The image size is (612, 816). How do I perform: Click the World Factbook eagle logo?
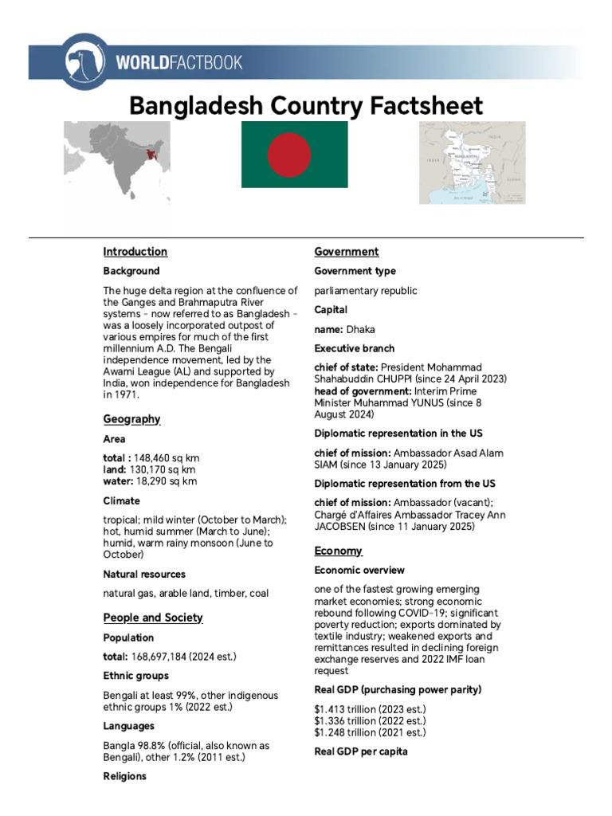click(80, 61)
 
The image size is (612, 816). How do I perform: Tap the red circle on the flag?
click(288, 154)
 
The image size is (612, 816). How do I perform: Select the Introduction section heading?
click(135, 252)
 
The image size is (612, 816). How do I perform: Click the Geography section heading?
click(131, 419)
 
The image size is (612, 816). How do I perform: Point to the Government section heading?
click(346, 252)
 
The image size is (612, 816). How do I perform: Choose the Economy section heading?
click(338, 551)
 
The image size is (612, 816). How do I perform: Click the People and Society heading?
click(153, 618)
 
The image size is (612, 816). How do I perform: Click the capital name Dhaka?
click(360, 329)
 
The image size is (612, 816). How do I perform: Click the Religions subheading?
click(124, 776)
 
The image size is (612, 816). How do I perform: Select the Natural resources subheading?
click(144, 574)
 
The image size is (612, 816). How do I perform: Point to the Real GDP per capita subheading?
click(361, 751)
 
